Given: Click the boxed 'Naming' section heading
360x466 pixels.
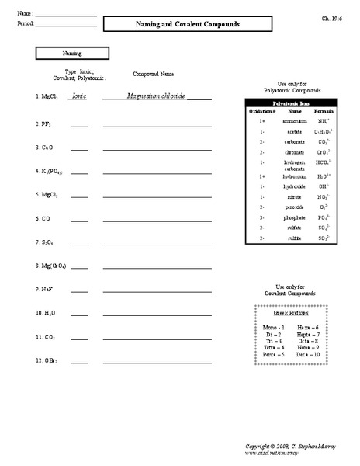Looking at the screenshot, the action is pos(72,54).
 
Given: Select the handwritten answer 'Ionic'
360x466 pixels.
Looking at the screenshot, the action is pos(78,97).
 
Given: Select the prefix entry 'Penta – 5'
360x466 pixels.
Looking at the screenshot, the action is pos(274,354).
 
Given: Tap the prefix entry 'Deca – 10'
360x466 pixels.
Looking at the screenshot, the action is pos(309,354).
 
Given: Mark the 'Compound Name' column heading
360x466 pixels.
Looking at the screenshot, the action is pos(154,74).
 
